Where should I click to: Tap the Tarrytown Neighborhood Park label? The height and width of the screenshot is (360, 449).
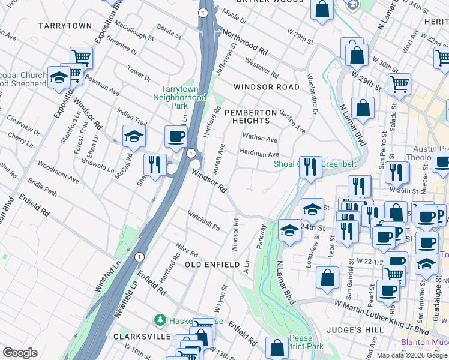tap(179, 97)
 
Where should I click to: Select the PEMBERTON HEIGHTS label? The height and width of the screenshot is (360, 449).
tap(250, 117)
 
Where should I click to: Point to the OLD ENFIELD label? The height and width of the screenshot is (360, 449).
tap(208, 265)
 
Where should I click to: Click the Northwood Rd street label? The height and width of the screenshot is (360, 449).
tap(244, 41)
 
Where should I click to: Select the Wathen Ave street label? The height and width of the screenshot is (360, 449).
tap(259, 139)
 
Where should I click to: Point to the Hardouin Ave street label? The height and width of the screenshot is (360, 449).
tap(259, 154)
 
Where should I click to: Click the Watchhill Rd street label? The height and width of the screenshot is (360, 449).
tap(203, 221)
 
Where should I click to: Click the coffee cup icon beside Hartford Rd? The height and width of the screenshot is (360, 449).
tap(176, 137)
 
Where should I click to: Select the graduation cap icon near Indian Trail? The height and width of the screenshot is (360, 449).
tap(134, 136)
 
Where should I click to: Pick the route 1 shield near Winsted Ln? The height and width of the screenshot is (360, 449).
tap(139, 256)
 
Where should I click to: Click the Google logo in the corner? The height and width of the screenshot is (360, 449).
tap(20, 353)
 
